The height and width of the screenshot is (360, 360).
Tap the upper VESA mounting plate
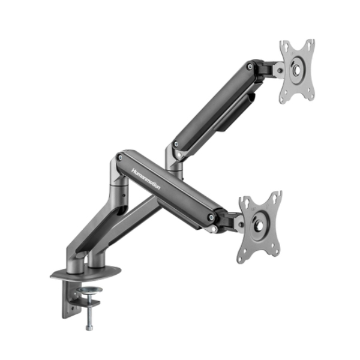[296, 70]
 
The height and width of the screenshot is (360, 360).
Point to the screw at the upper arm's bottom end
[175, 145]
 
